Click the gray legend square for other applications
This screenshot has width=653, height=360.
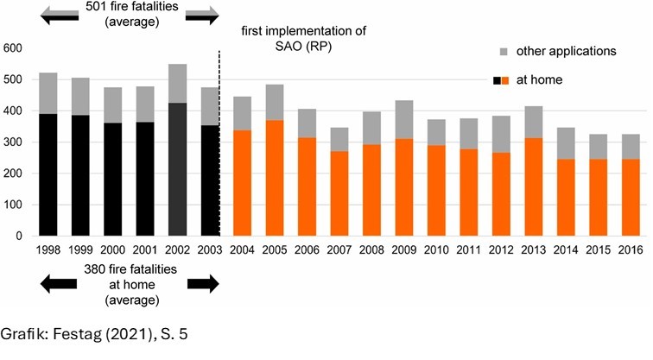[x=504, y=51]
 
